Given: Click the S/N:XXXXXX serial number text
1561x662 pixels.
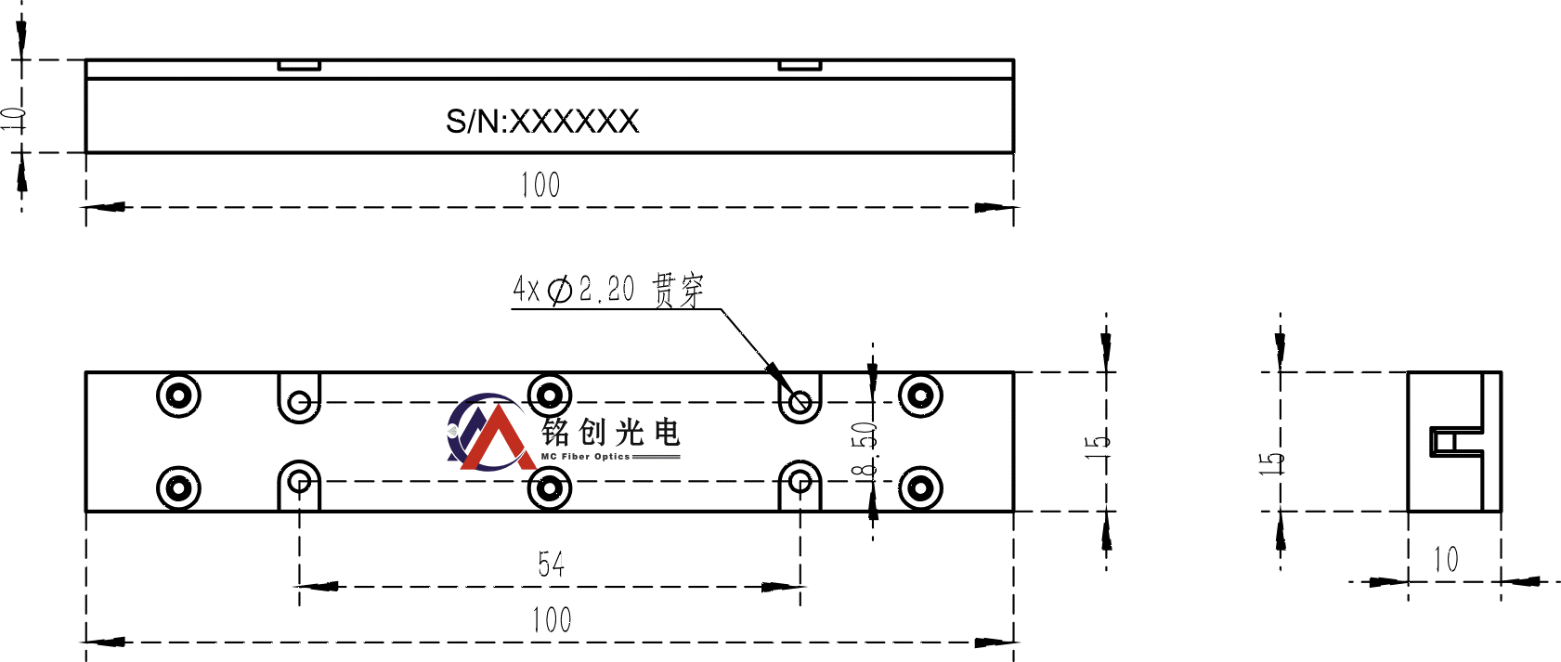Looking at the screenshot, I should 542,122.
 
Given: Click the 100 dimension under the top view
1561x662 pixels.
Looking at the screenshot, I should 540,185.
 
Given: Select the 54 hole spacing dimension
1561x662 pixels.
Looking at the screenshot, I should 551,564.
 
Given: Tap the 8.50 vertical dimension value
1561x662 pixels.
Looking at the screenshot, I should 865,449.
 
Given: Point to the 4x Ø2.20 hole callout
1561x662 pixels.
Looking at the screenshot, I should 608,290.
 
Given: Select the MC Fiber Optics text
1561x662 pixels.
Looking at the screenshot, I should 585,457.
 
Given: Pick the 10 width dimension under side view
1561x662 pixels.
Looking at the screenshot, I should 1446,560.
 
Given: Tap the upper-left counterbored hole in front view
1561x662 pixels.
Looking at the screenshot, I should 178,396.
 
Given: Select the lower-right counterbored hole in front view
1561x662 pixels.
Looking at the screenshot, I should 920,487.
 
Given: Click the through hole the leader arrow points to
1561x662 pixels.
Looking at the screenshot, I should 800,403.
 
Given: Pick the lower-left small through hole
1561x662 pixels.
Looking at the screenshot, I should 299,481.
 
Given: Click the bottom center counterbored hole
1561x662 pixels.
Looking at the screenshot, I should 550,488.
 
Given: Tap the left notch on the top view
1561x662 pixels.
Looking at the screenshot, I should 299,65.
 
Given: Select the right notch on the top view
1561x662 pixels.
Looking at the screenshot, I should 800,65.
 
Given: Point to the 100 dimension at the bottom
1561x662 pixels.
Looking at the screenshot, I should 551,619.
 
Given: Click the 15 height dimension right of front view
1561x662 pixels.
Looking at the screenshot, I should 1097,442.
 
